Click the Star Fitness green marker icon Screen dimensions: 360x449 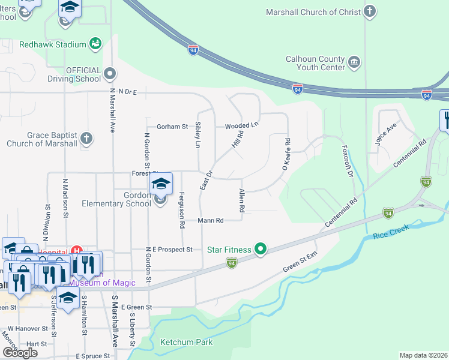click(x=260, y=248)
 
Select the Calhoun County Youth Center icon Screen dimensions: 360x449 click(x=354, y=62)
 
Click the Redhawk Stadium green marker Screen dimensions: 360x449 click(x=95, y=43)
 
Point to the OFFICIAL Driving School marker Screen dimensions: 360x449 click(x=109, y=74)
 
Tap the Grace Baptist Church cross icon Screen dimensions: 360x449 click(x=86, y=139)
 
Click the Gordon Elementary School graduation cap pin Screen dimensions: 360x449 click(x=161, y=184)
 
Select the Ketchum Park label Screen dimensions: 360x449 click(x=186, y=343)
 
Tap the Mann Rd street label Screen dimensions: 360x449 click(x=211, y=221)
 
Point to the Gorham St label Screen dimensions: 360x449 click(x=172, y=127)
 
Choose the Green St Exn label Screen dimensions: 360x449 click(x=300, y=264)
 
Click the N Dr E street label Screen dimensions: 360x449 click(x=128, y=92)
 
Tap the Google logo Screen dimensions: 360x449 click(x=20, y=353)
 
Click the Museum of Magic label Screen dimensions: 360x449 click(x=102, y=282)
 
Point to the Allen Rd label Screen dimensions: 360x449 click(x=242, y=201)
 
